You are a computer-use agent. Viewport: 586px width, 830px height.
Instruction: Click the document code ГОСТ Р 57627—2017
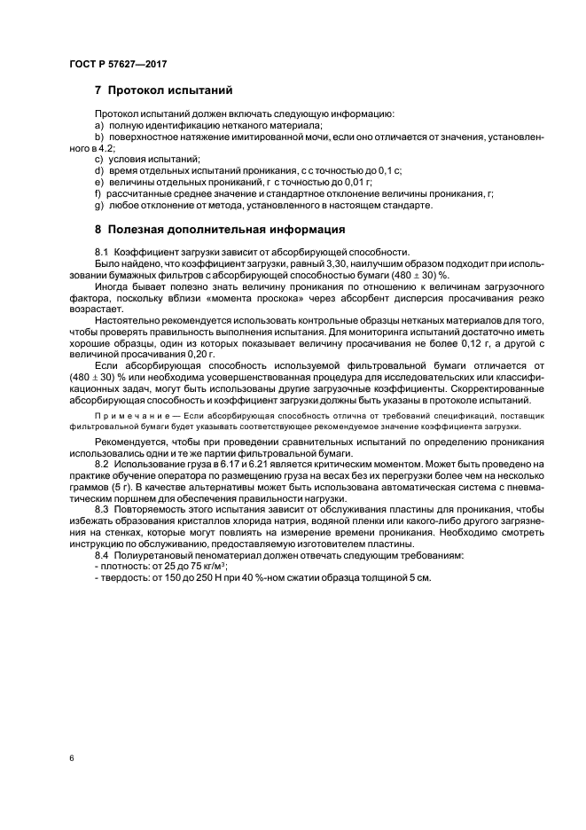[x=118, y=65]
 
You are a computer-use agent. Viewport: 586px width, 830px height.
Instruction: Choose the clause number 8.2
[x=101, y=464]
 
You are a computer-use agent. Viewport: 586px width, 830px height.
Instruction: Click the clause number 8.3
[x=101, y=511]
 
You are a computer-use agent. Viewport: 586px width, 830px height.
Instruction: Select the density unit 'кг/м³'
[x=210, y=566]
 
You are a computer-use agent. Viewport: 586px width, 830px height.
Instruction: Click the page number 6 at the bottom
[x=71, y=759]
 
